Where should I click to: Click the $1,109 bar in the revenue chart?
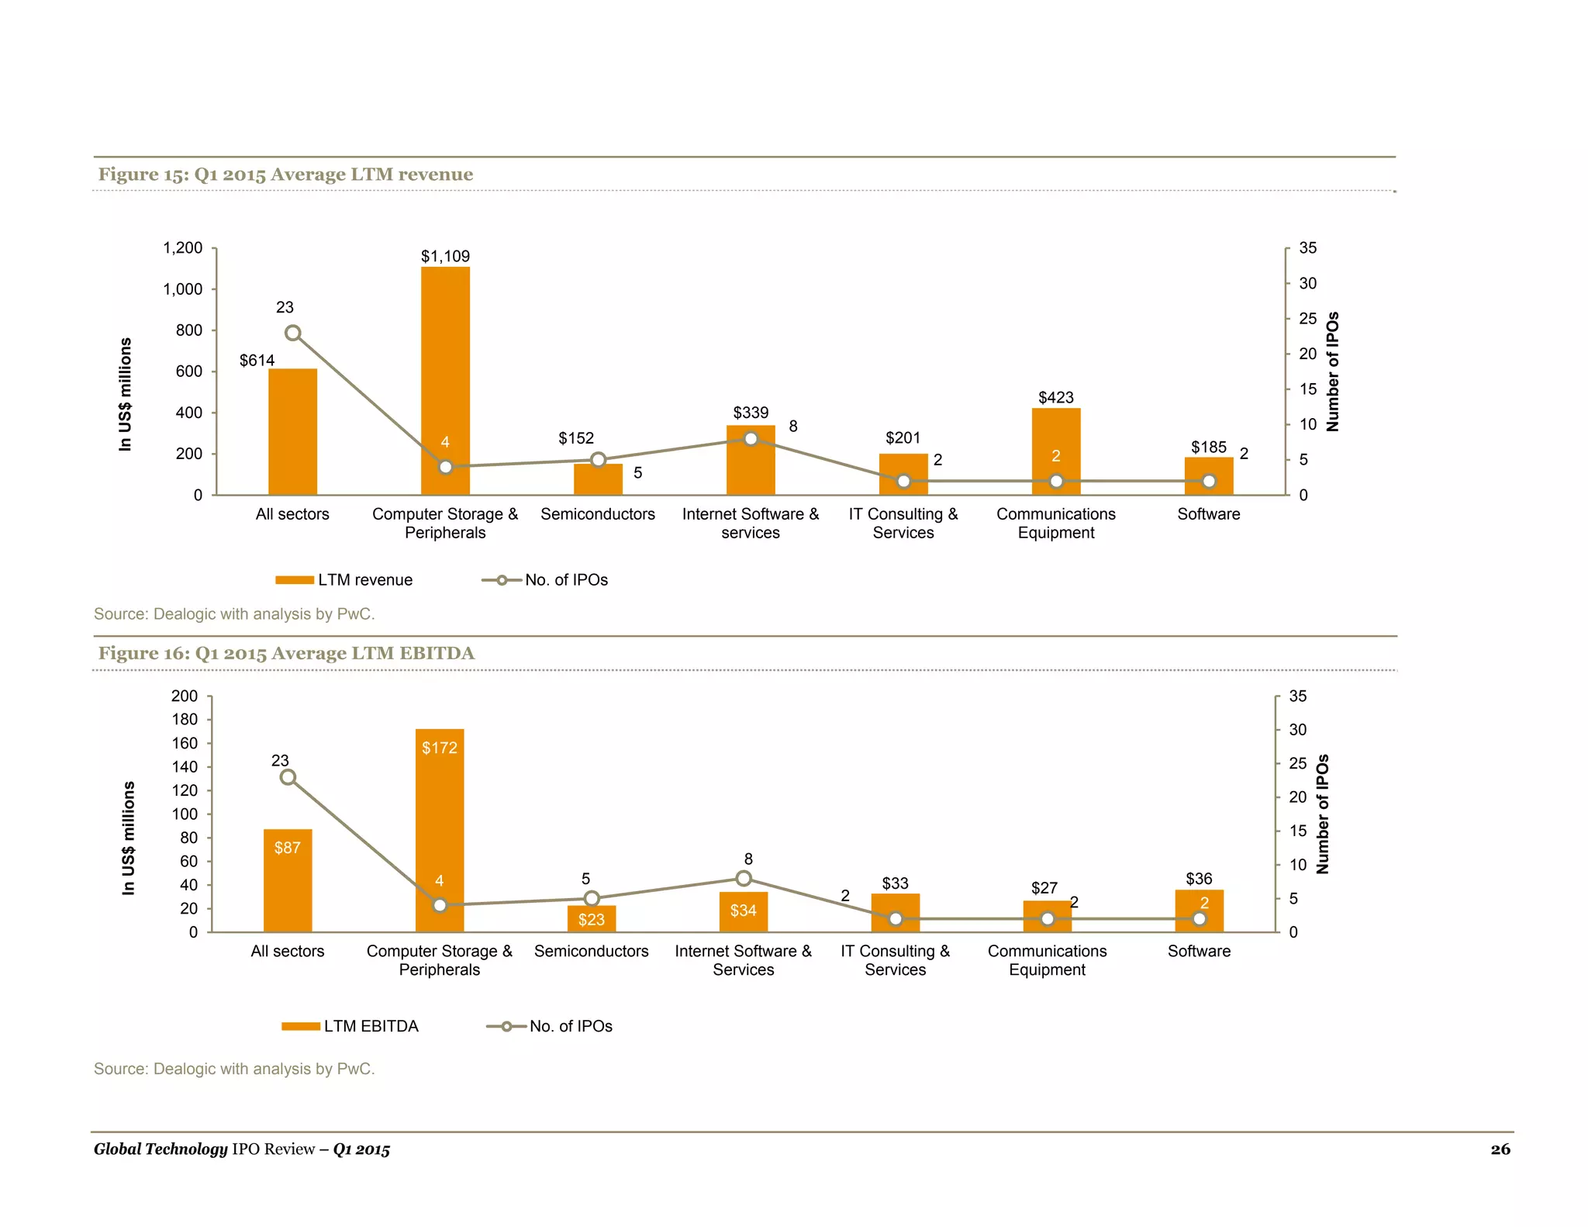pyautogui.click(x=445, y=372)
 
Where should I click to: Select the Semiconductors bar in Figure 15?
pyautogui.click(x=598, y=481)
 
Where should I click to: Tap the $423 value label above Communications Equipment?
pyautogui.click(x=1055, y=398)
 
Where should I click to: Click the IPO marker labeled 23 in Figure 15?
pyautogui.click(x=292, y=334)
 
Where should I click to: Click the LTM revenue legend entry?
pyautogui.click(x=345, y=580)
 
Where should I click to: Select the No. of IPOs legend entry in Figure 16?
pyautogui.click(x=550, y=1026)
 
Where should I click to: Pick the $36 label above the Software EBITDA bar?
pyautogui.click(x=1199, y=879)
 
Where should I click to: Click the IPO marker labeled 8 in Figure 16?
pyautogui.click(x=744, y=879)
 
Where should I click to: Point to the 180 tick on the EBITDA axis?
pyautogui.click(x=185, y=720)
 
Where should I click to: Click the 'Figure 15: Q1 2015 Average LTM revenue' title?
pyautogui.click(x=285, y=175)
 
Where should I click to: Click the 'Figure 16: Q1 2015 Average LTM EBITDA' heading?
pyautogui.click(x=286, y=653)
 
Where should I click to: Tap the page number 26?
pyautogui.click(x=1500, y=1149)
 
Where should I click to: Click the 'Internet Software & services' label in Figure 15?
pyautogui.click(x=751, y=524)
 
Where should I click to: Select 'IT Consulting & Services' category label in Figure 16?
pyautogui.click(x=895, y=960)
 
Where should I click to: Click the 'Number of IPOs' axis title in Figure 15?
pyautogui.click(x=1332, y=372)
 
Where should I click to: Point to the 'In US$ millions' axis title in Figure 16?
pyautogui.click(x=129, y=838)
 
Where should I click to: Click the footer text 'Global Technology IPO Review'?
pyautogui.click(x=204, y=1149)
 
